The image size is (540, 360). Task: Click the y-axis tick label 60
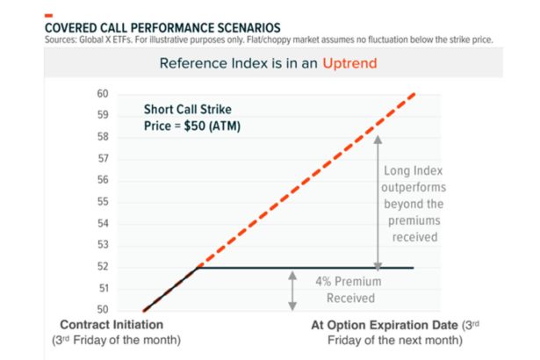point(103,94)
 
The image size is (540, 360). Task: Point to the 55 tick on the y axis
point(103,202)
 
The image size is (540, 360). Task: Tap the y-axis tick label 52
point(103,267)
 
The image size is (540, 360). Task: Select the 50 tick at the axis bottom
point(103,310)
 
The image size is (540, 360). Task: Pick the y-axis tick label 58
point(103,137)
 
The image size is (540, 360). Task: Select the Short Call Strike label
point(186,112)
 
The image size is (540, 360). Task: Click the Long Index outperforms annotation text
point(415,202)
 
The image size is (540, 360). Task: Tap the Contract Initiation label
point(112,325)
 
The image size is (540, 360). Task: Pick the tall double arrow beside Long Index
point(378,200)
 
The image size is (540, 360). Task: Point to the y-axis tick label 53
point(103,245)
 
